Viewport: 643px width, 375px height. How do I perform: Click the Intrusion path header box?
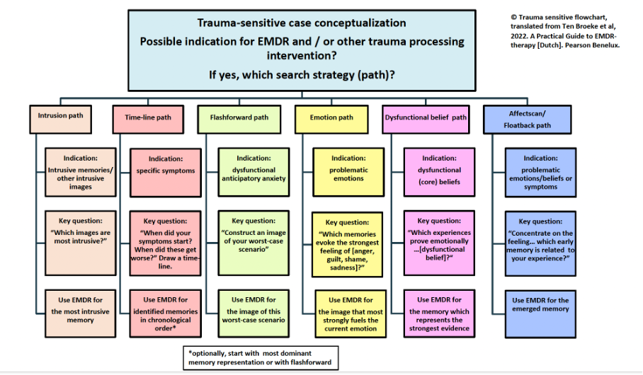(x=61, y=117)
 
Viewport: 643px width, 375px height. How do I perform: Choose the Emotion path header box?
(x=331, y=117)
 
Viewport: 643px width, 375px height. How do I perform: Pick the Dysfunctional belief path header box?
(x=426, y=117)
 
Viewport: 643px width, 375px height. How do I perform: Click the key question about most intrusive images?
(x=76, y=233)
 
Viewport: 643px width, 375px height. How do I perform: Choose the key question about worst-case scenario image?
(x=254, y=236)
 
